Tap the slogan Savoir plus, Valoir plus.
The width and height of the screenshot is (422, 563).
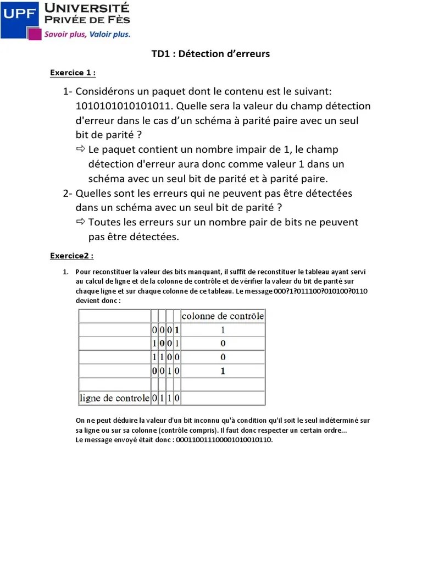point(87,34)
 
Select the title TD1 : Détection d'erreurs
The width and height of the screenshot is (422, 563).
point(210,54)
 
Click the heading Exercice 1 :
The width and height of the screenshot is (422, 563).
point(73,73)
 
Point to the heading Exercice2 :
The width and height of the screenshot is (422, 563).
point(71,256)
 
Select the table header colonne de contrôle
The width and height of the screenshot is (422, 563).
point(223,316)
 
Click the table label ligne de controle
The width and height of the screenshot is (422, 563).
point(114,398)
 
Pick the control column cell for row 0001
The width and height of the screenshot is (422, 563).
point(223,330)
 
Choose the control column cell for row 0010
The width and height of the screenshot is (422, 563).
point(223,371)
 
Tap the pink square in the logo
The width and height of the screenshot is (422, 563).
point(35,34)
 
